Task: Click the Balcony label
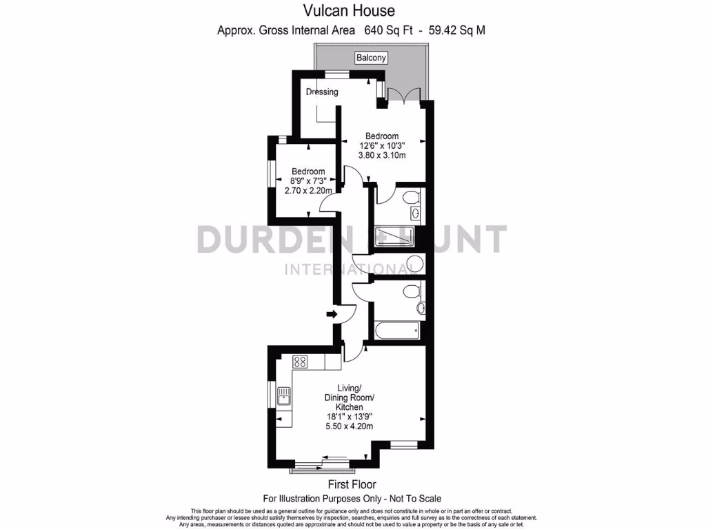(371, 58)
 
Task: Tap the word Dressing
(322, 92)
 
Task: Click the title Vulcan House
(350, 10)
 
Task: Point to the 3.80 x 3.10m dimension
(381, 156)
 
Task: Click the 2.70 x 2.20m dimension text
(308, 191)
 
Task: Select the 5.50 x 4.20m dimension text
(349, 426)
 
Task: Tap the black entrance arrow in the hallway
(331, 314)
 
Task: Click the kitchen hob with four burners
(300, 361)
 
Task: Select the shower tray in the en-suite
(394, 236)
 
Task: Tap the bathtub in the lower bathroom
(396, 330)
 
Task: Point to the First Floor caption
(352, 485)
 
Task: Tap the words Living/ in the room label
(349, 388)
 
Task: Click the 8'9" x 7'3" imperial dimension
(308, 181)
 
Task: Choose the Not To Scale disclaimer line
(352, 498)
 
